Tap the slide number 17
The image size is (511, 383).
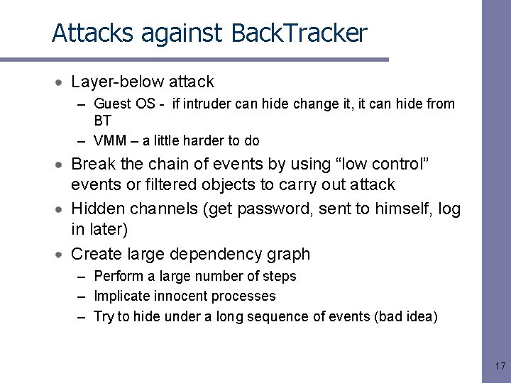[x=500, y=366]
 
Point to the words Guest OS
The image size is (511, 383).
[x=124, y=104]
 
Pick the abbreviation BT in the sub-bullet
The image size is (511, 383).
[x=103, y=121]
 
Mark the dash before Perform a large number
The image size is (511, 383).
[x=82, y=277]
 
